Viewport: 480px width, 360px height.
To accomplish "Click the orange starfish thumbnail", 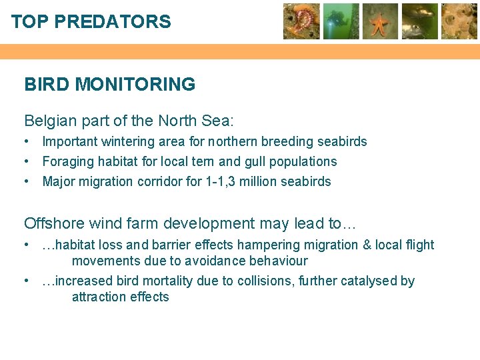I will (380, 21).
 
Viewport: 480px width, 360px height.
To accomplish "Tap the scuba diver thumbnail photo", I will (341, 21).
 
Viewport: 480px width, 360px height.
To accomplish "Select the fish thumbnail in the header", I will (420, 21).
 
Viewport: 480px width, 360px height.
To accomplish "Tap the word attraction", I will (100, 297).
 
